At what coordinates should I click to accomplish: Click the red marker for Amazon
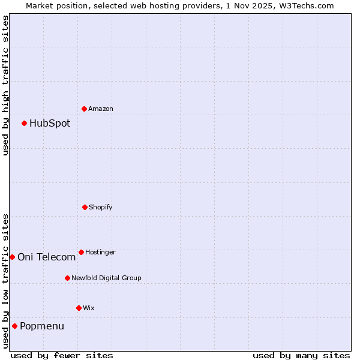(84, 109)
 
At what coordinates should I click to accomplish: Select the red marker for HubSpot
(24, 123)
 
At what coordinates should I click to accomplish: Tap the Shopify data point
(85, 207)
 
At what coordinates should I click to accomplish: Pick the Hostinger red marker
(81, 252)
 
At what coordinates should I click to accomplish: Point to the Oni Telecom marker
(12, 257)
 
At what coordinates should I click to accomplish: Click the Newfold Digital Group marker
(67, 278)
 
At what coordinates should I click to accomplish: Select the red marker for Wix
(79, 308)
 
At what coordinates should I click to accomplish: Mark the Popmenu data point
(14, 326)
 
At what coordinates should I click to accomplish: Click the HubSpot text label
(50, 124)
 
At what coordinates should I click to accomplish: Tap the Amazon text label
(101, 109)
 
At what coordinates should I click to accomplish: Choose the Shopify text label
(101, 208)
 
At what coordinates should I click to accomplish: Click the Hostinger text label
(100, 253)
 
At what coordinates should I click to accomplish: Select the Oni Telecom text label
(47, 257)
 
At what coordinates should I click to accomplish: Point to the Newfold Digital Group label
(106, 278)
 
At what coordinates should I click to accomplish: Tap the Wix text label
(89, 308)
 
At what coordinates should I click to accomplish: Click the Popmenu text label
(42, 326)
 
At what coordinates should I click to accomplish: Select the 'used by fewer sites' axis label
(62, 356)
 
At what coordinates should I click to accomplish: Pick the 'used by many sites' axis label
(301, 356)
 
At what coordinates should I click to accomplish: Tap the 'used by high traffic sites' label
(5, 85)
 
